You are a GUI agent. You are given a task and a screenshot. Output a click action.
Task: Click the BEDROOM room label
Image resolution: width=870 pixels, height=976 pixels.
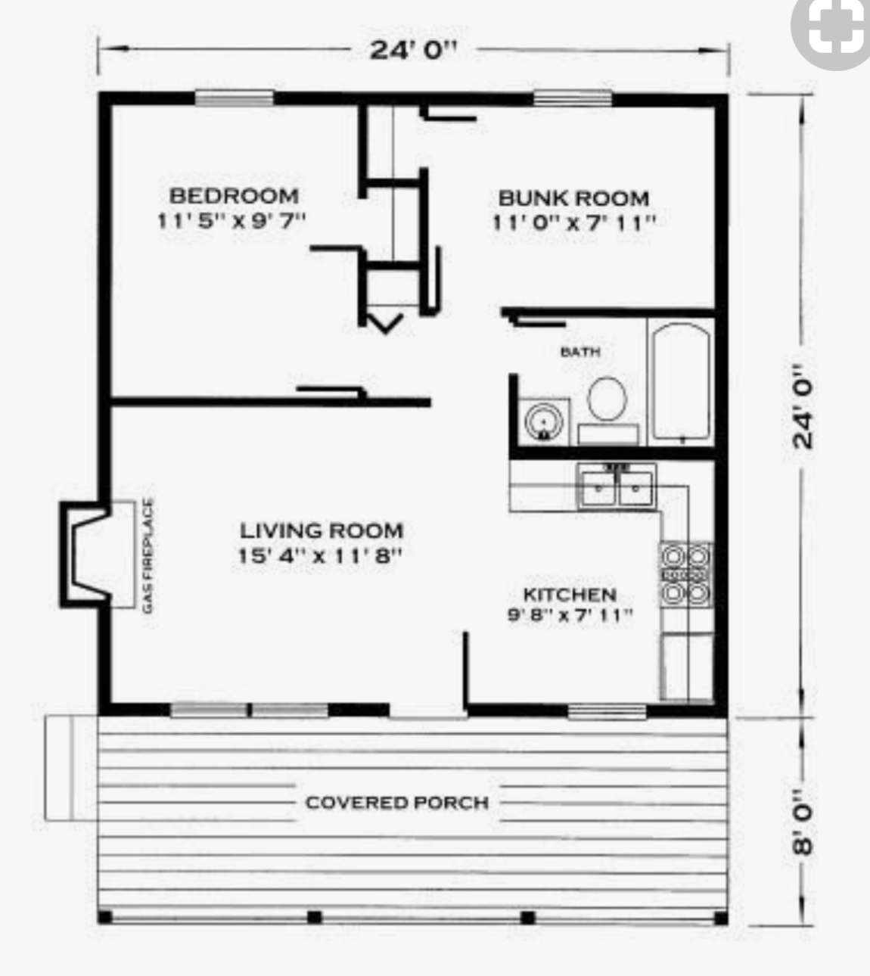pos(233,196)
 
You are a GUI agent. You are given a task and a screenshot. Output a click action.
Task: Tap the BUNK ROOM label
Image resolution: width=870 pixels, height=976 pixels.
pos(573,198)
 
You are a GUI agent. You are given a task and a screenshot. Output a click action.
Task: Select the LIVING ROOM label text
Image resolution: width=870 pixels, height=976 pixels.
pos(321,530)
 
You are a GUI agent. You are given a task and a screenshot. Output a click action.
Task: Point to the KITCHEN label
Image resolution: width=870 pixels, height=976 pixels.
pos(570,595)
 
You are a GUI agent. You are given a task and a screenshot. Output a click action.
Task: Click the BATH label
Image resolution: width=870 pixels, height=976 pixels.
pos(580,352)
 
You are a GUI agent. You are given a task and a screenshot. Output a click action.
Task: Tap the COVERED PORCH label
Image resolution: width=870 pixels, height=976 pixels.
pos(396,802)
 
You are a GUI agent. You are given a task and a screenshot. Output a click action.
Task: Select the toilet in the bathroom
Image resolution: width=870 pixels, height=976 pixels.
pos(607,399)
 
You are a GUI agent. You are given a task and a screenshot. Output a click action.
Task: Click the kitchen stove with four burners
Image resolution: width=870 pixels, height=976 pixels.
pos(685,574)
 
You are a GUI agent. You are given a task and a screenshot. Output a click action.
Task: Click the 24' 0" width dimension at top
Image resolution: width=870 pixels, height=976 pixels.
pos(413,50)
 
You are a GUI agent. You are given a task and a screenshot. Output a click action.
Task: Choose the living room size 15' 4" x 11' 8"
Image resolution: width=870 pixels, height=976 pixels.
pos(319,556)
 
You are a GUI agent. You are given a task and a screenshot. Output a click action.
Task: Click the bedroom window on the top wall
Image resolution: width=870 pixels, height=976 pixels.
pos(234,98)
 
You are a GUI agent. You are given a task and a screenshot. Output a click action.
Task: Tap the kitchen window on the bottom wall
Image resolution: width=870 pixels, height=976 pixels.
pos(607,710)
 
